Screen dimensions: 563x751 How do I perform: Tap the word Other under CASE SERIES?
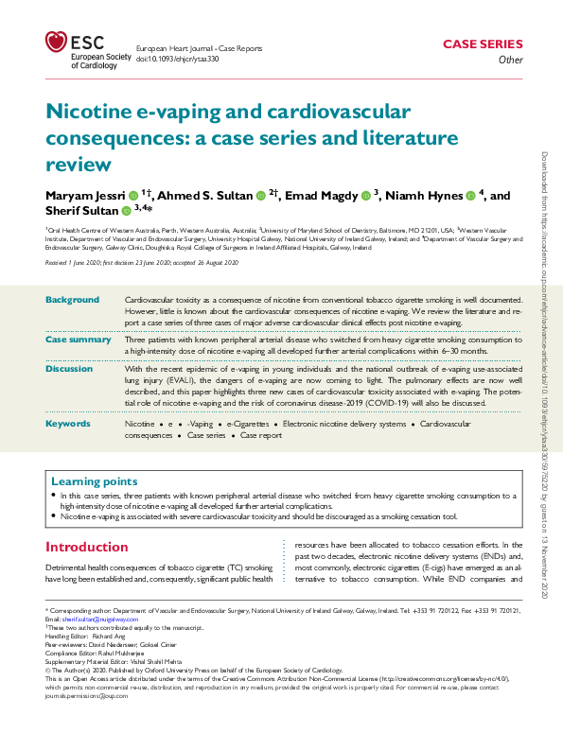pos(510,61)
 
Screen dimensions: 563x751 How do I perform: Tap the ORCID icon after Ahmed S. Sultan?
pos(259,196)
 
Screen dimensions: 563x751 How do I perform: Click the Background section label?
pos(72,300)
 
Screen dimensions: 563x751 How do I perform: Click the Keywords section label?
pos(69,424)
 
